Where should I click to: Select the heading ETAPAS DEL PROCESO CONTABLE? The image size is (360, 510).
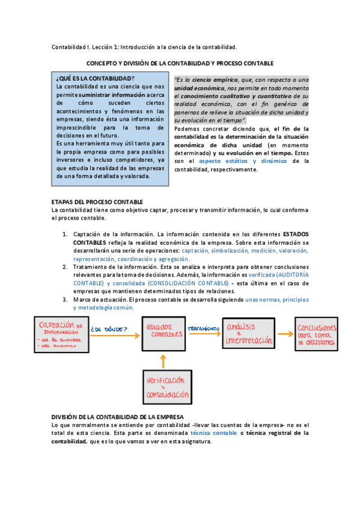97,201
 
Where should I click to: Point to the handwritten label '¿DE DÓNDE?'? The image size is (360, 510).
108,329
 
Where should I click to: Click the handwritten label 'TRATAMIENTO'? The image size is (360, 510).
202,328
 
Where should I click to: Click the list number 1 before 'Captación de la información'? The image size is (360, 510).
65,235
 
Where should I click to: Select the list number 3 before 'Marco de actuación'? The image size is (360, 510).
65,299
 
